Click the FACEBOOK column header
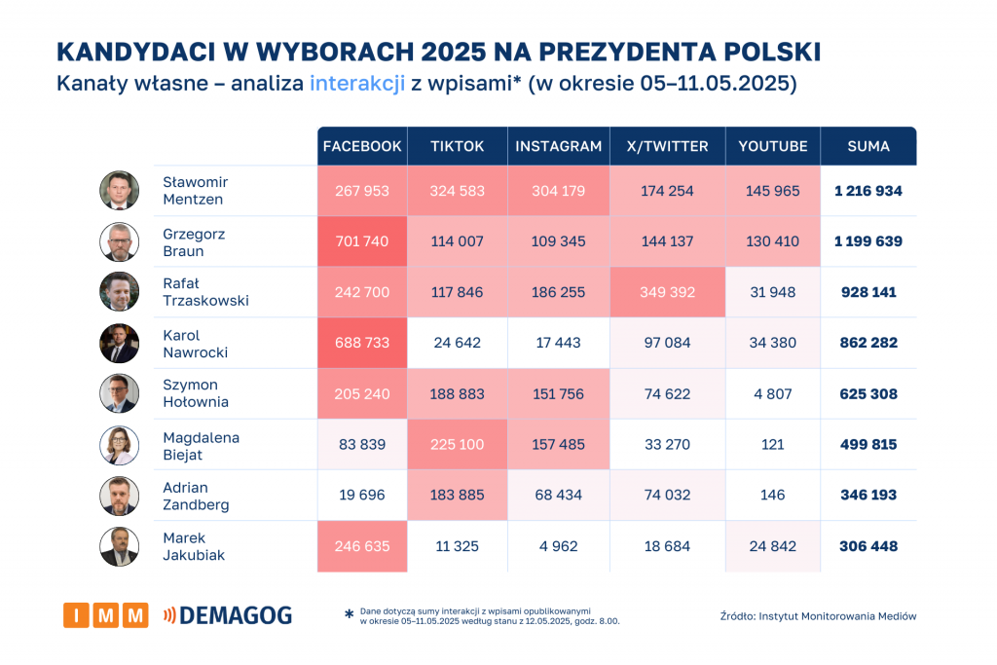point(362,146)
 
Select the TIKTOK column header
point(457,146)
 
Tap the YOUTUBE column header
point(772,146)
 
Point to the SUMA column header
point(868,146)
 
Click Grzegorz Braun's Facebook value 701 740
point(362,241)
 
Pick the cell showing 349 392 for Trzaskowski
point(667,292)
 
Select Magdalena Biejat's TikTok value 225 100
point(457,444)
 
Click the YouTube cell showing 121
point(772,444)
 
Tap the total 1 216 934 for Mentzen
point(868,191)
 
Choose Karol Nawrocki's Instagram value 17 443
point(558,343)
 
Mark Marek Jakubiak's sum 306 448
point(868,546)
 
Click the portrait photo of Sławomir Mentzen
point(119,191)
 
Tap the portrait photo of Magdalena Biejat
point(119,444)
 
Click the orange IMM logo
point(105,614)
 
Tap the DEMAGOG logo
point(228,614)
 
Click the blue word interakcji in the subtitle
point(357,84)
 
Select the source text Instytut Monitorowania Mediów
point(837,615)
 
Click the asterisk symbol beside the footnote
point(349,614)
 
